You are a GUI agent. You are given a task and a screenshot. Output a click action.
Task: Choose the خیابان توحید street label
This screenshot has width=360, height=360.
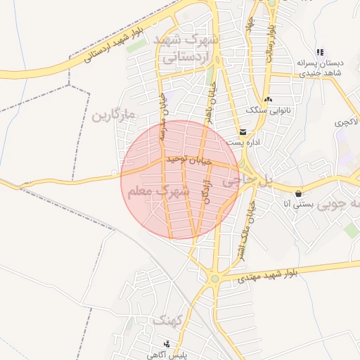(x=188, y=161)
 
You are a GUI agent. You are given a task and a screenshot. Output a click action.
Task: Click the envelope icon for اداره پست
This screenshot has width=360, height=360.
(x=243, y=132)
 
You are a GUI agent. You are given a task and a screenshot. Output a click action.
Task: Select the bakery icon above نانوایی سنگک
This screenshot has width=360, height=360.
(x=268, y=99)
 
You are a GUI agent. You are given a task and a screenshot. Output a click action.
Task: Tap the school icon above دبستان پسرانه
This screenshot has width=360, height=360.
(x=320, y=52)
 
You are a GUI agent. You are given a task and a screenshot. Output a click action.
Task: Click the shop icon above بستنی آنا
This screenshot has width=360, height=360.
(x=299, y=193)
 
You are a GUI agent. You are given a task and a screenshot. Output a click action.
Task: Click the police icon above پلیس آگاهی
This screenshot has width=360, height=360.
(x=167, y=344)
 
